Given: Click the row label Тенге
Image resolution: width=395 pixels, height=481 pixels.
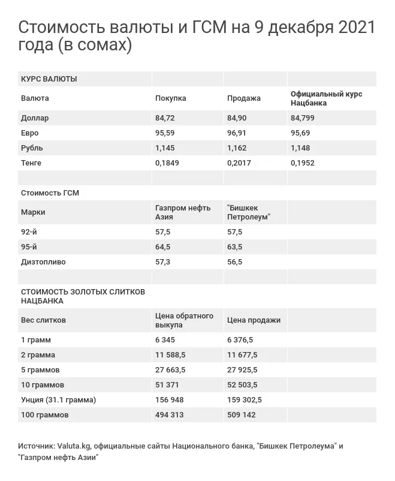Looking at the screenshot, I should click(31, 163).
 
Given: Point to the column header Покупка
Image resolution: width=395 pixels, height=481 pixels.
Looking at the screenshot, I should click(171, 98).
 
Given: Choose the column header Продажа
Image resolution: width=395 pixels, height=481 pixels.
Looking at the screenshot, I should click(244, 98).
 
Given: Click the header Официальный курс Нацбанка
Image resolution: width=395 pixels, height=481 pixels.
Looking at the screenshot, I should click(327, 98).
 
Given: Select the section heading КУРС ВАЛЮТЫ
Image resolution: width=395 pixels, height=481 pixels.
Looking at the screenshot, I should click(49, 79).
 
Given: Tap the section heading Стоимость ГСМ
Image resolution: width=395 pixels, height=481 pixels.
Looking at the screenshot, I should click(50, 193).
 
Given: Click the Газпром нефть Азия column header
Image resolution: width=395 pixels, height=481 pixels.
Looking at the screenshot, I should click(183, 212).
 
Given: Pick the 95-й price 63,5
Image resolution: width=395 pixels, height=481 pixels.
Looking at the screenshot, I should click(234, 246).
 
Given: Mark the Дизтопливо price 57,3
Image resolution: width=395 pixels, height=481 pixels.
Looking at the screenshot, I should click(162, 261).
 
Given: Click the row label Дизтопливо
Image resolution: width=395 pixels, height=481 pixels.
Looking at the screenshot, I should click(44, 261).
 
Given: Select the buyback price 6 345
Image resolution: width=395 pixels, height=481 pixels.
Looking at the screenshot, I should click(166, 340).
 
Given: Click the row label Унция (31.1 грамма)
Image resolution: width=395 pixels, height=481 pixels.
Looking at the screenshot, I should click(58, 400).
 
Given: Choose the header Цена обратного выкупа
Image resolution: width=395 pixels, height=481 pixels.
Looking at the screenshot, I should click(185, 320).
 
